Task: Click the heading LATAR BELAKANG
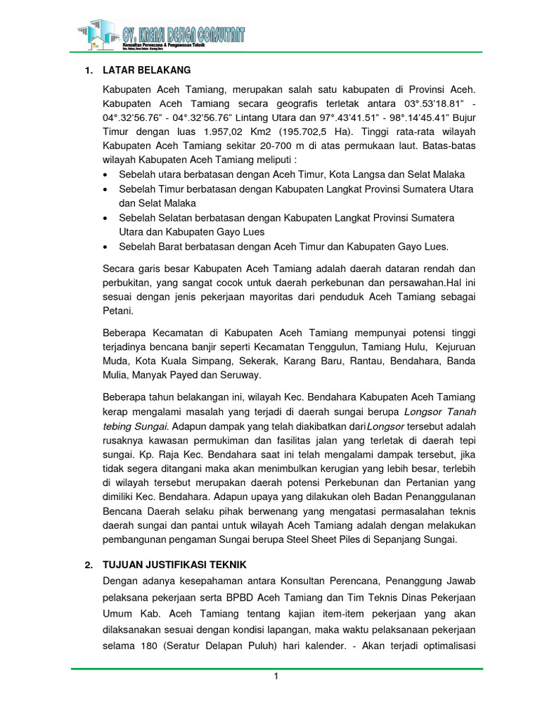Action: click(146, 71)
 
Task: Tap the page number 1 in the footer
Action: click(276, 676)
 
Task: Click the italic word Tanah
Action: click(460, 411)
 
